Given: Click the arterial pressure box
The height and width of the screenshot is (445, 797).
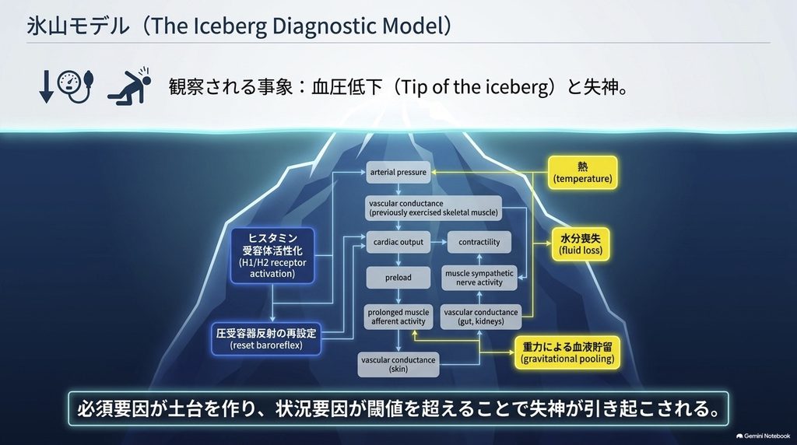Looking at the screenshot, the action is coord(398,172).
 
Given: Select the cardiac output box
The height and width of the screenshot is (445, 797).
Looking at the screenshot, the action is coord(398,242).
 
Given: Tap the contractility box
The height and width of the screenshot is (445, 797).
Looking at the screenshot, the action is coord(479,242).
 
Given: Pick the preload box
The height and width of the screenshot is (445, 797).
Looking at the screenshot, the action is coord(398,278).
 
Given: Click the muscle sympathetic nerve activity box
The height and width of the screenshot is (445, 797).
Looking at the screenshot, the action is coord(479,278).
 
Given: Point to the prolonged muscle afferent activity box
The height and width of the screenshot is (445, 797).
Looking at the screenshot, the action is coord(398,317).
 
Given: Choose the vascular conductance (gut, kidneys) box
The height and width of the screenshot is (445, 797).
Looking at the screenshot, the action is coord(481,317).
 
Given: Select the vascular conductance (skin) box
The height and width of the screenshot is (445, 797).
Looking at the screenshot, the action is coord(398,365).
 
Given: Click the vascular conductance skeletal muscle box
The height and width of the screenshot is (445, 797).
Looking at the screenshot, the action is coord(434,208).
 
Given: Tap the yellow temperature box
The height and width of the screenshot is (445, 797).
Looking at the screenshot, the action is coord(582,173).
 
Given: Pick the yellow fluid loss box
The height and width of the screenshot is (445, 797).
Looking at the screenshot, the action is coord(581,244).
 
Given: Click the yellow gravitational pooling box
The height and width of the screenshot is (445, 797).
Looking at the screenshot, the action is coord(567,352).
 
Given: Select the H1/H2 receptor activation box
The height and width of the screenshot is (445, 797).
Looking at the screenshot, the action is coord(272,255).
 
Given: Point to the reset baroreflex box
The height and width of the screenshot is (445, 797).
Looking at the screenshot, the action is coord(266,339).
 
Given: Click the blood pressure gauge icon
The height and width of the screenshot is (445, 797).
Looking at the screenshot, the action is coord(75,86).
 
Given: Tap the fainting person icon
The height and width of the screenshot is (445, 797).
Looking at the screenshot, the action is coord(130,86).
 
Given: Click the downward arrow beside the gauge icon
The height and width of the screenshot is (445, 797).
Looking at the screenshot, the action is coord(46,87).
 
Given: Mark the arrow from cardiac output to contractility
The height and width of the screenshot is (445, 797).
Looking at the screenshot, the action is coord(439,242).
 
